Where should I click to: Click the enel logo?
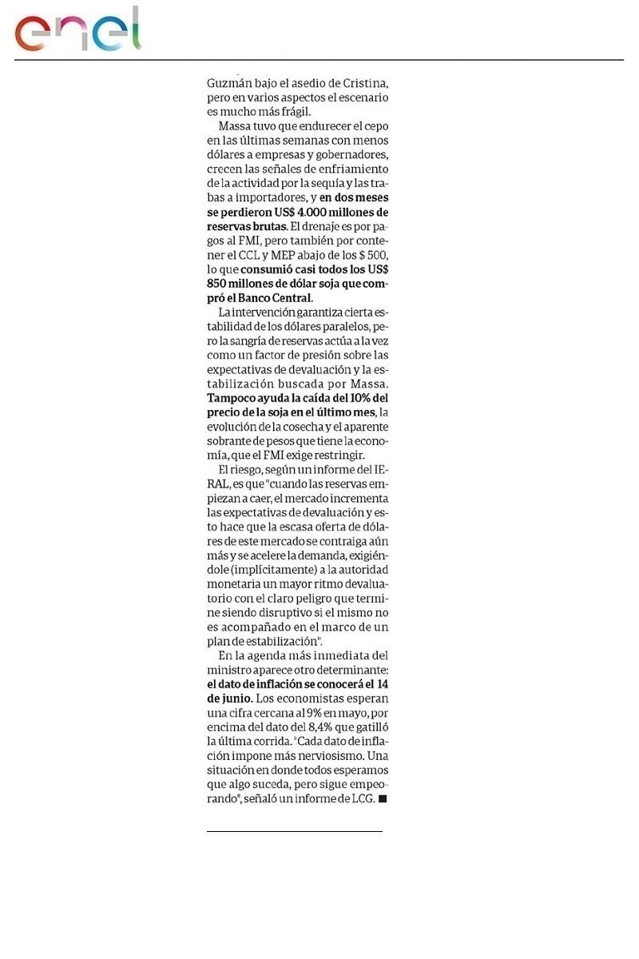tap(77, 30)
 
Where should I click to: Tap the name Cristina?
tap(361, 82)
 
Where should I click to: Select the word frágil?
tap(292, 111)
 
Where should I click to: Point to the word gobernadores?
tap(348, 154)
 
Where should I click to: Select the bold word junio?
tap(224, 699)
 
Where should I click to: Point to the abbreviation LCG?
tap(360, 799)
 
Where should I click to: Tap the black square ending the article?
tap(383, 799)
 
